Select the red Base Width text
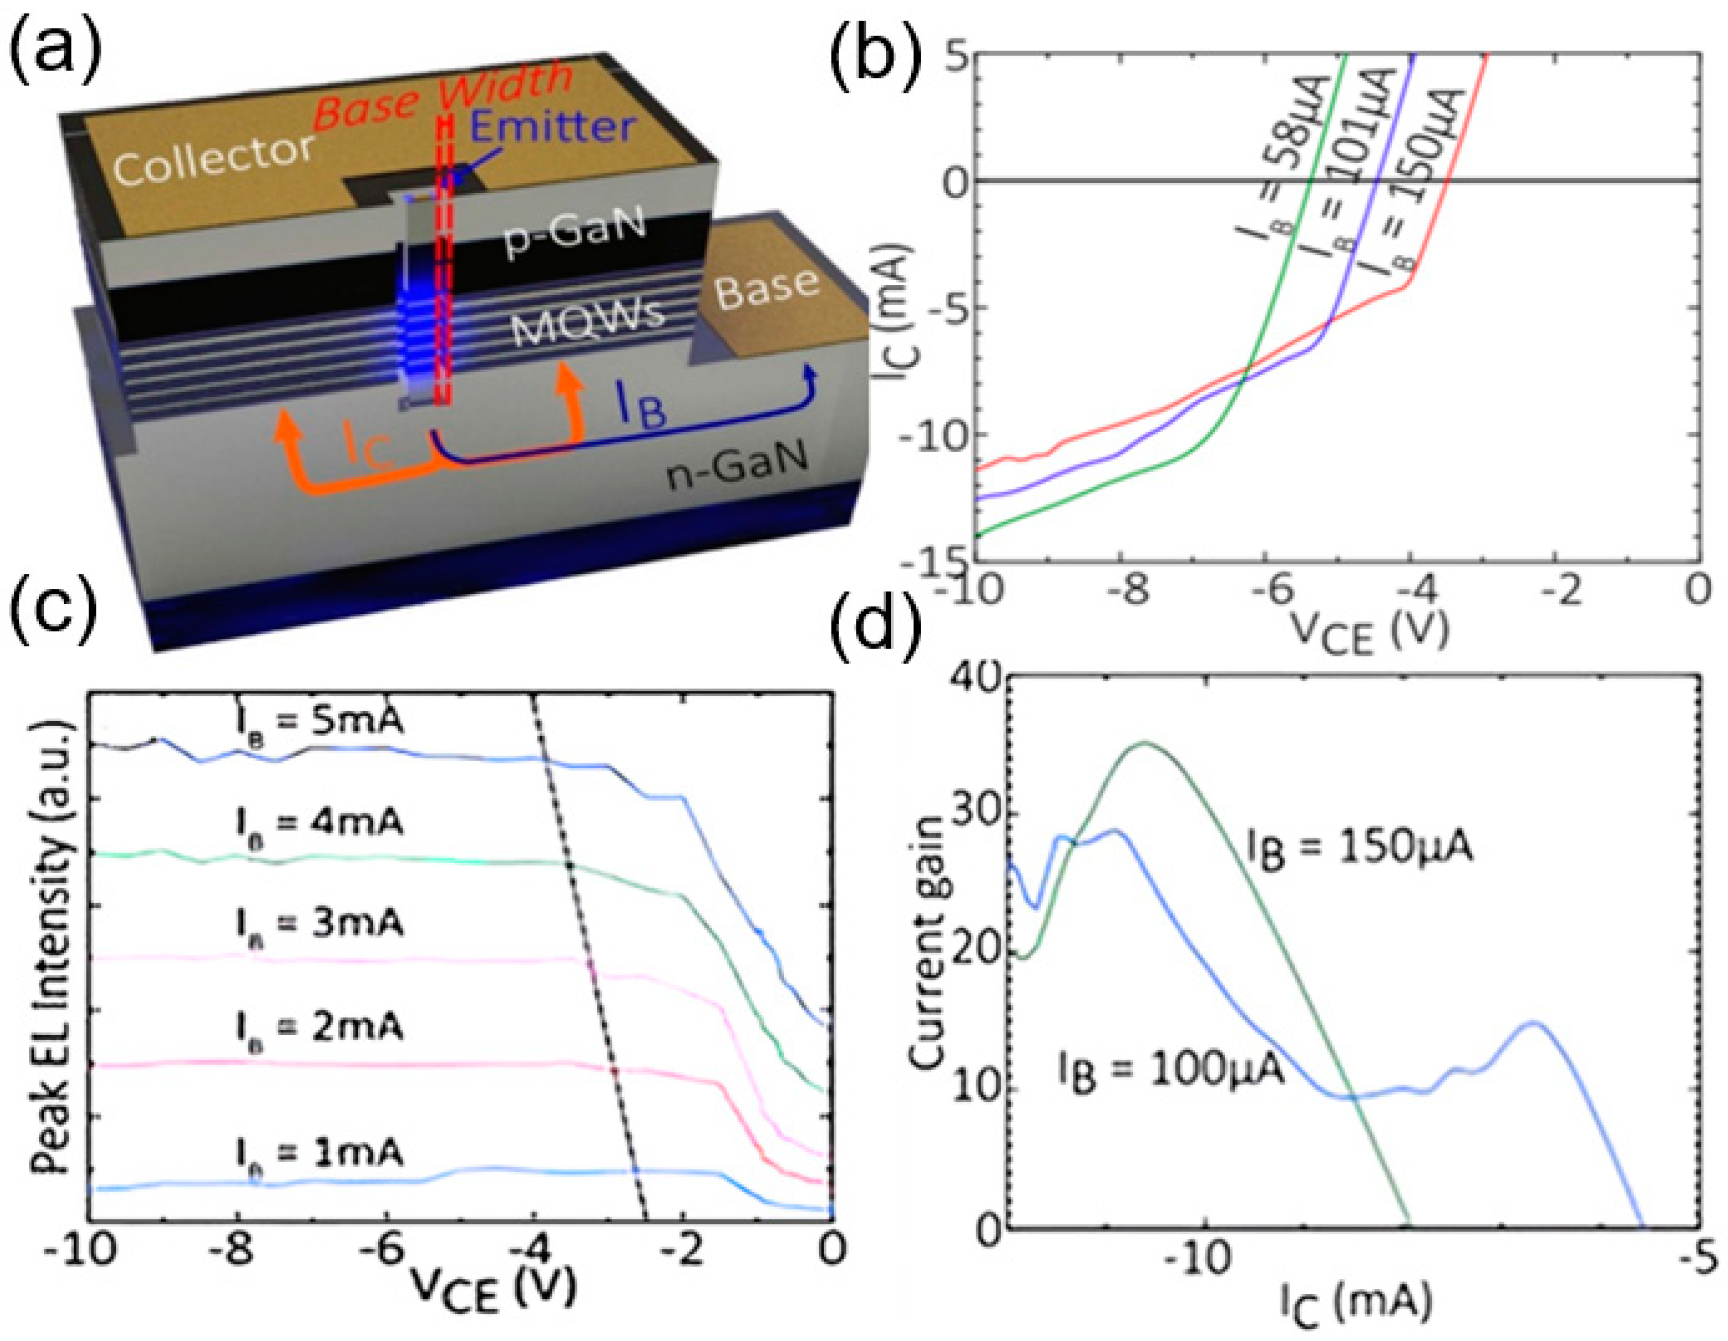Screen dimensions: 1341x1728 tap(443, 93)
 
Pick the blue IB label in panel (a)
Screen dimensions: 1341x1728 tap(640, 407)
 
